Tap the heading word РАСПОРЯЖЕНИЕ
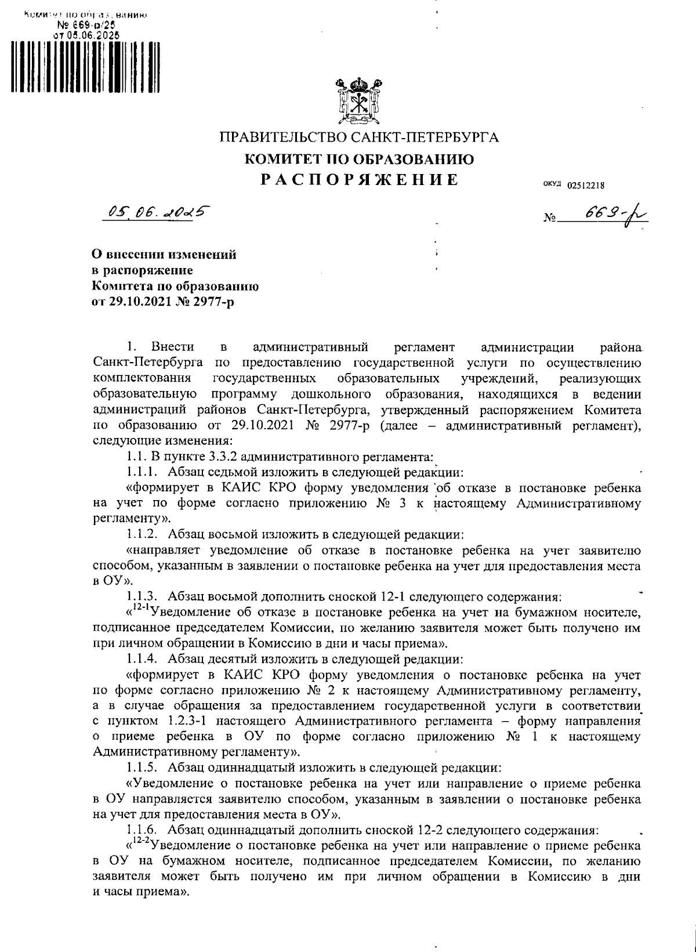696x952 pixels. tap(358, 180)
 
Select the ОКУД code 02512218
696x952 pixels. tap(586, 186)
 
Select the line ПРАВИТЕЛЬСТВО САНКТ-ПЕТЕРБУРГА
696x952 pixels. tap(358, 138)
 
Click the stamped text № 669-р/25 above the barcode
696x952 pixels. tap(86, 25)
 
